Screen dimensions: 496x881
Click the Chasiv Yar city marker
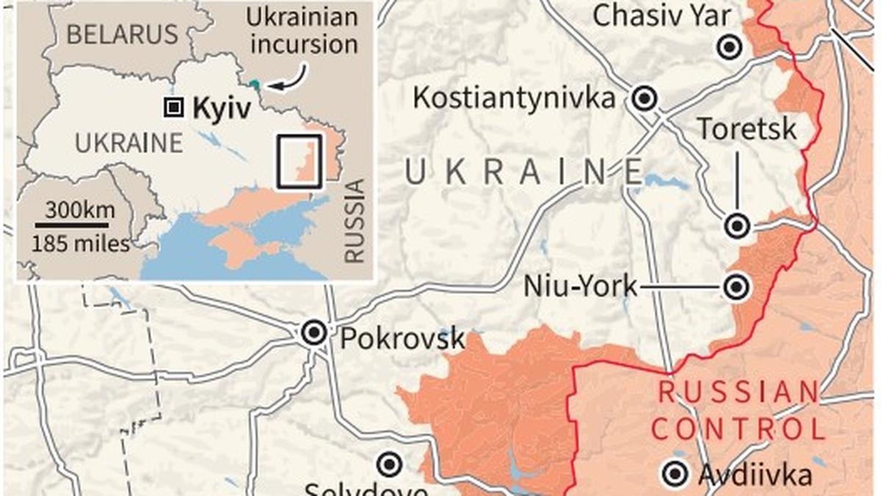tap(730, 48)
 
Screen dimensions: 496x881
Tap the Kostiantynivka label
tap(514, 98)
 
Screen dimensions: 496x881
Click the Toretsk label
tap(747, 129)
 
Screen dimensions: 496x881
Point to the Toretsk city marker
tap(737, 226)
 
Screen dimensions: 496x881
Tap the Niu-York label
tap(581, 287)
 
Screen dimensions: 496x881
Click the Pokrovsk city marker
tap(314, 333)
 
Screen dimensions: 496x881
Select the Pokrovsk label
tap(403, 338)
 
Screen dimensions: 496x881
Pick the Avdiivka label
tap(755, 475)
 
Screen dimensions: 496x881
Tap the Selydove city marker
tap(389, 464)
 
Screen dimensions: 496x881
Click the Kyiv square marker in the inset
tap(173, 109)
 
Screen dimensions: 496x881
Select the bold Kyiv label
tap(222, 109)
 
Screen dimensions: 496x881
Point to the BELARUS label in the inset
tap(121, 34)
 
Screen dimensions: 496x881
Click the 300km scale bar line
tap(73, 224)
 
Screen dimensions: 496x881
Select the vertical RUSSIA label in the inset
tap(355, 221)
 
